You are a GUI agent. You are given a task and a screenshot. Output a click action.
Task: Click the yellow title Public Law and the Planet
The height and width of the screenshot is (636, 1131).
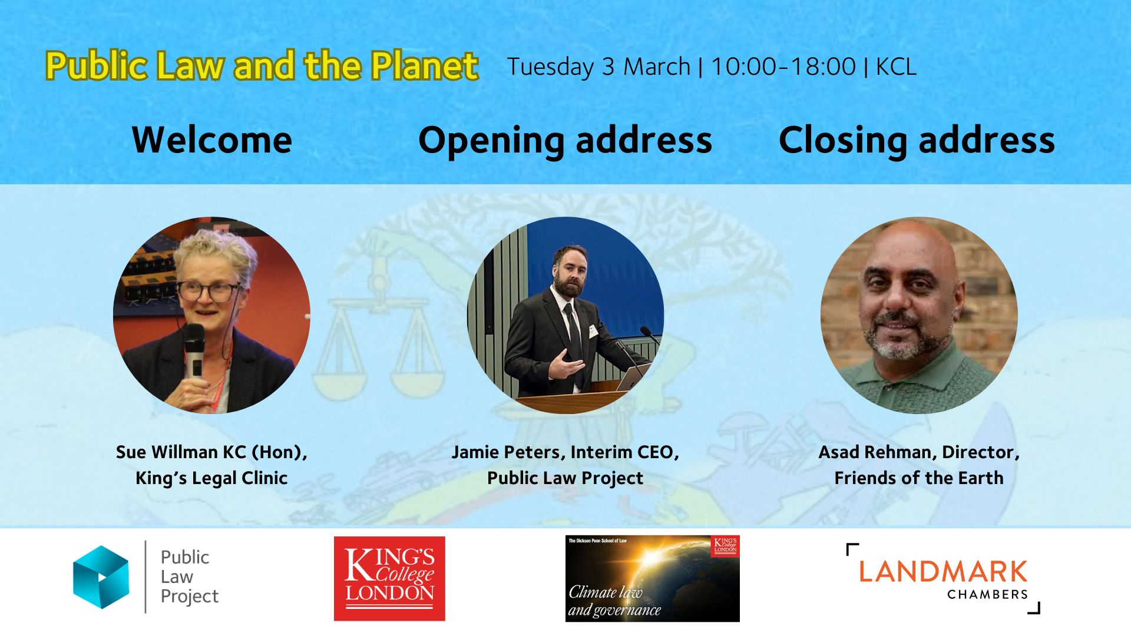coord(262,65)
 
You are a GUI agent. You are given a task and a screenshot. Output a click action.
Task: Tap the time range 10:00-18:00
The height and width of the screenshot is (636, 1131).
coord(783,67)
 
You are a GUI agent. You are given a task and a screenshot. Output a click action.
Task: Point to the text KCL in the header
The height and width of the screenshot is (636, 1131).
coord(896,67)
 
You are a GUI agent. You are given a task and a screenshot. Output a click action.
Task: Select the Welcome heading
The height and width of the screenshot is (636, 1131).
coord(212,140)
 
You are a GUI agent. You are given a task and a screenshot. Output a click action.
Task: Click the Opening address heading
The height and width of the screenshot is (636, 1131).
coord(565,141)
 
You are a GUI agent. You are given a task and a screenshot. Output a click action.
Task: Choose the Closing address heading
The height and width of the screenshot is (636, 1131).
coord(917,141)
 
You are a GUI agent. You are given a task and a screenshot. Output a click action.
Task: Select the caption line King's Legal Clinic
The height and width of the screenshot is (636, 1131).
coord(211,478)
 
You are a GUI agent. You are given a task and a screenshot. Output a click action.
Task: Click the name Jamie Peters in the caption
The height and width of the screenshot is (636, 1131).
coord(508,452)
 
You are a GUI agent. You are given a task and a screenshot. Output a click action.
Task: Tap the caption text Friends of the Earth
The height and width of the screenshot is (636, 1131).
coord(919,478)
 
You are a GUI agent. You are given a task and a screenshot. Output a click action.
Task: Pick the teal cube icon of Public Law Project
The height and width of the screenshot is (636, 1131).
coord(101,577)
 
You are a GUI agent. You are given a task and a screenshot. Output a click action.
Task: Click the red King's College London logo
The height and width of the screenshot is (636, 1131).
coord(389,578)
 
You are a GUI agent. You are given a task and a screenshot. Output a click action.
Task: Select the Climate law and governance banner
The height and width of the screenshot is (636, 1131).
coord(652,578)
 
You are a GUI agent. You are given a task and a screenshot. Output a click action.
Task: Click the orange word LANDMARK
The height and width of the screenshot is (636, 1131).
coord(943,572)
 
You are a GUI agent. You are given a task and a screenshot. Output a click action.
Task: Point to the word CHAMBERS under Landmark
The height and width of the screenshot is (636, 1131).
coord(987,595)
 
